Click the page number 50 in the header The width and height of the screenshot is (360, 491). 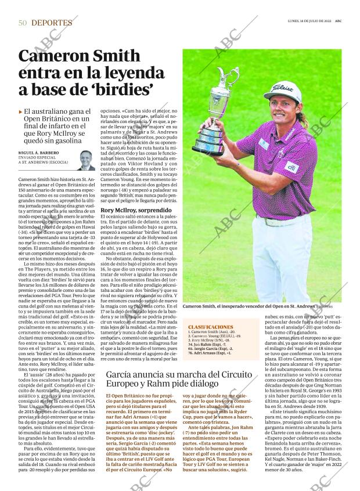[23, 23]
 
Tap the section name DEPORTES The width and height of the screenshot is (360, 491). [52, 23]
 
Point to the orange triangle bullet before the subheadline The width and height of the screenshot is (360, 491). [20, 111]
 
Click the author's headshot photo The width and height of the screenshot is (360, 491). [85, 160]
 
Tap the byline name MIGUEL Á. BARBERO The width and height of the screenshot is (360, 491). [38, 153]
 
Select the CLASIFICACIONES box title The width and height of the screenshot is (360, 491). [207, 327]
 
